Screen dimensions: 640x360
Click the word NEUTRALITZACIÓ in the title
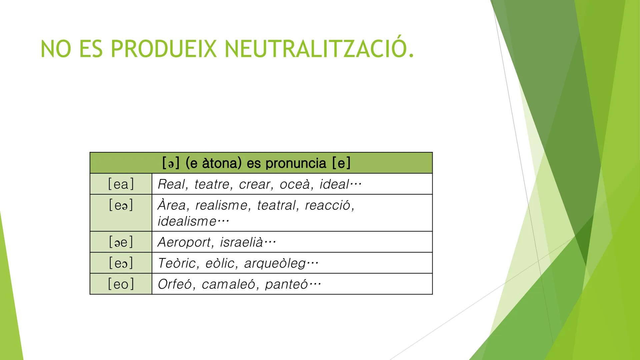tap(319, 48)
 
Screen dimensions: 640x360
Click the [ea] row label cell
tap(121, 184)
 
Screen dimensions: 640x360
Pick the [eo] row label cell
tap(121, 284)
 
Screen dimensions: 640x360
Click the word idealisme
tap(187, 221)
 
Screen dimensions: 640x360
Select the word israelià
tap(241, 242)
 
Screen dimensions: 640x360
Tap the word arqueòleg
tap(275, 264)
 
